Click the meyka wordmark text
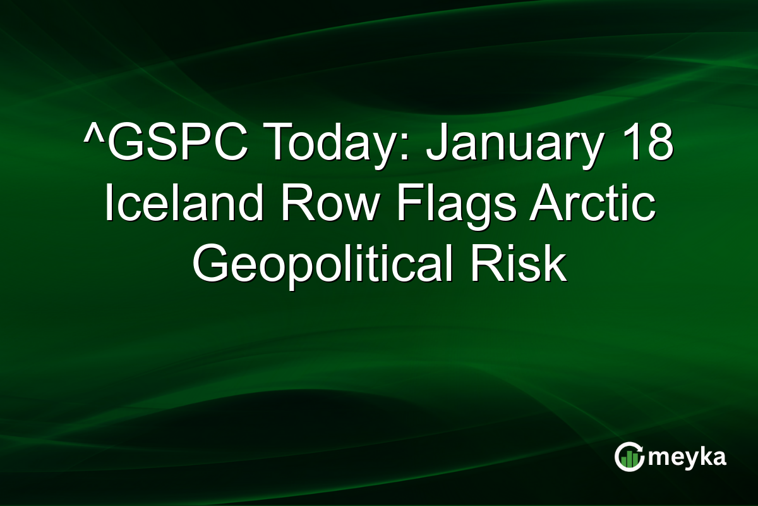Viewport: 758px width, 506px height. (690, 457)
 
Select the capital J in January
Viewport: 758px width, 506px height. (435, 147)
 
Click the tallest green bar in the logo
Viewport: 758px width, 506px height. (634, 458)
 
